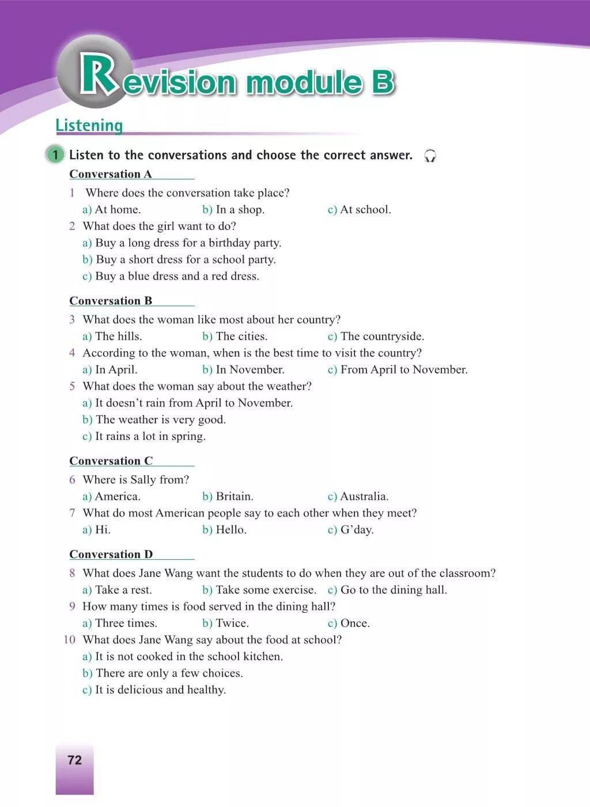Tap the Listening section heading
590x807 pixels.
(89, 125)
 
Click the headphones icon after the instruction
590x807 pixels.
(430, 156)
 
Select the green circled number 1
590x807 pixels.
(55, 155)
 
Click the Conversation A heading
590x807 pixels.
(111, 174)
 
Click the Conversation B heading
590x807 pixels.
(111, 301)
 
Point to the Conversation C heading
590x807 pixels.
(111, 461)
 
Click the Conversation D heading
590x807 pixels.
(111, 555)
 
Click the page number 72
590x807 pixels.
(75, 760)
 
